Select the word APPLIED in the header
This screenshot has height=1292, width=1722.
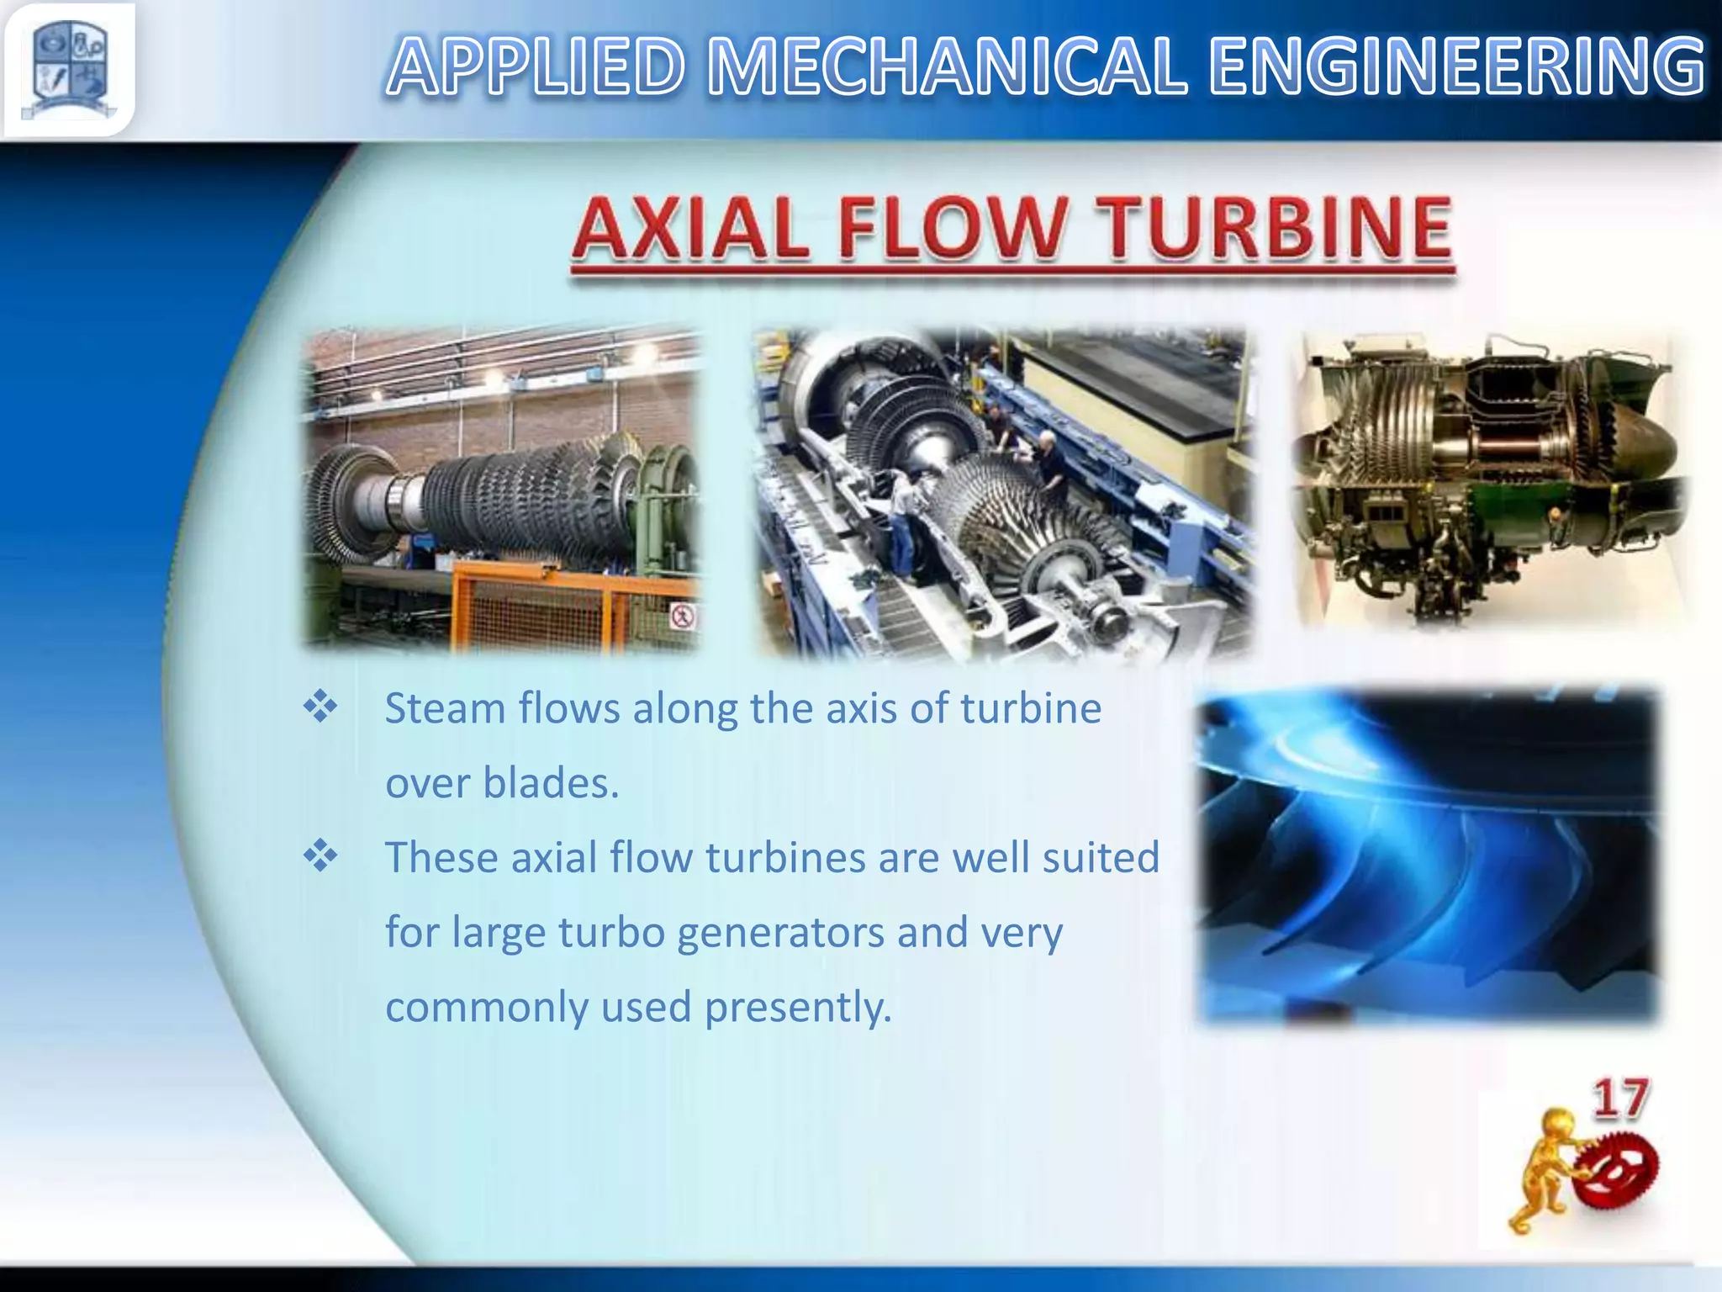coord(536,67)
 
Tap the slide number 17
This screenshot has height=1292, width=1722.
coord(1619,1099)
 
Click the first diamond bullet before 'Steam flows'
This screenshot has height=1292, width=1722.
coord(320,707)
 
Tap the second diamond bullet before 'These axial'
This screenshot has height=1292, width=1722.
coord(320,857)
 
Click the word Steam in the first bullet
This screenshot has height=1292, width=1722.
coord(445,708)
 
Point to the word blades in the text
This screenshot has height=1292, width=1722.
coord(550,783)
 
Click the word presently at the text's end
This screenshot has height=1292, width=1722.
coord(797,1007)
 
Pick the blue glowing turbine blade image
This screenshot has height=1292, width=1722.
coord(1428,856)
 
